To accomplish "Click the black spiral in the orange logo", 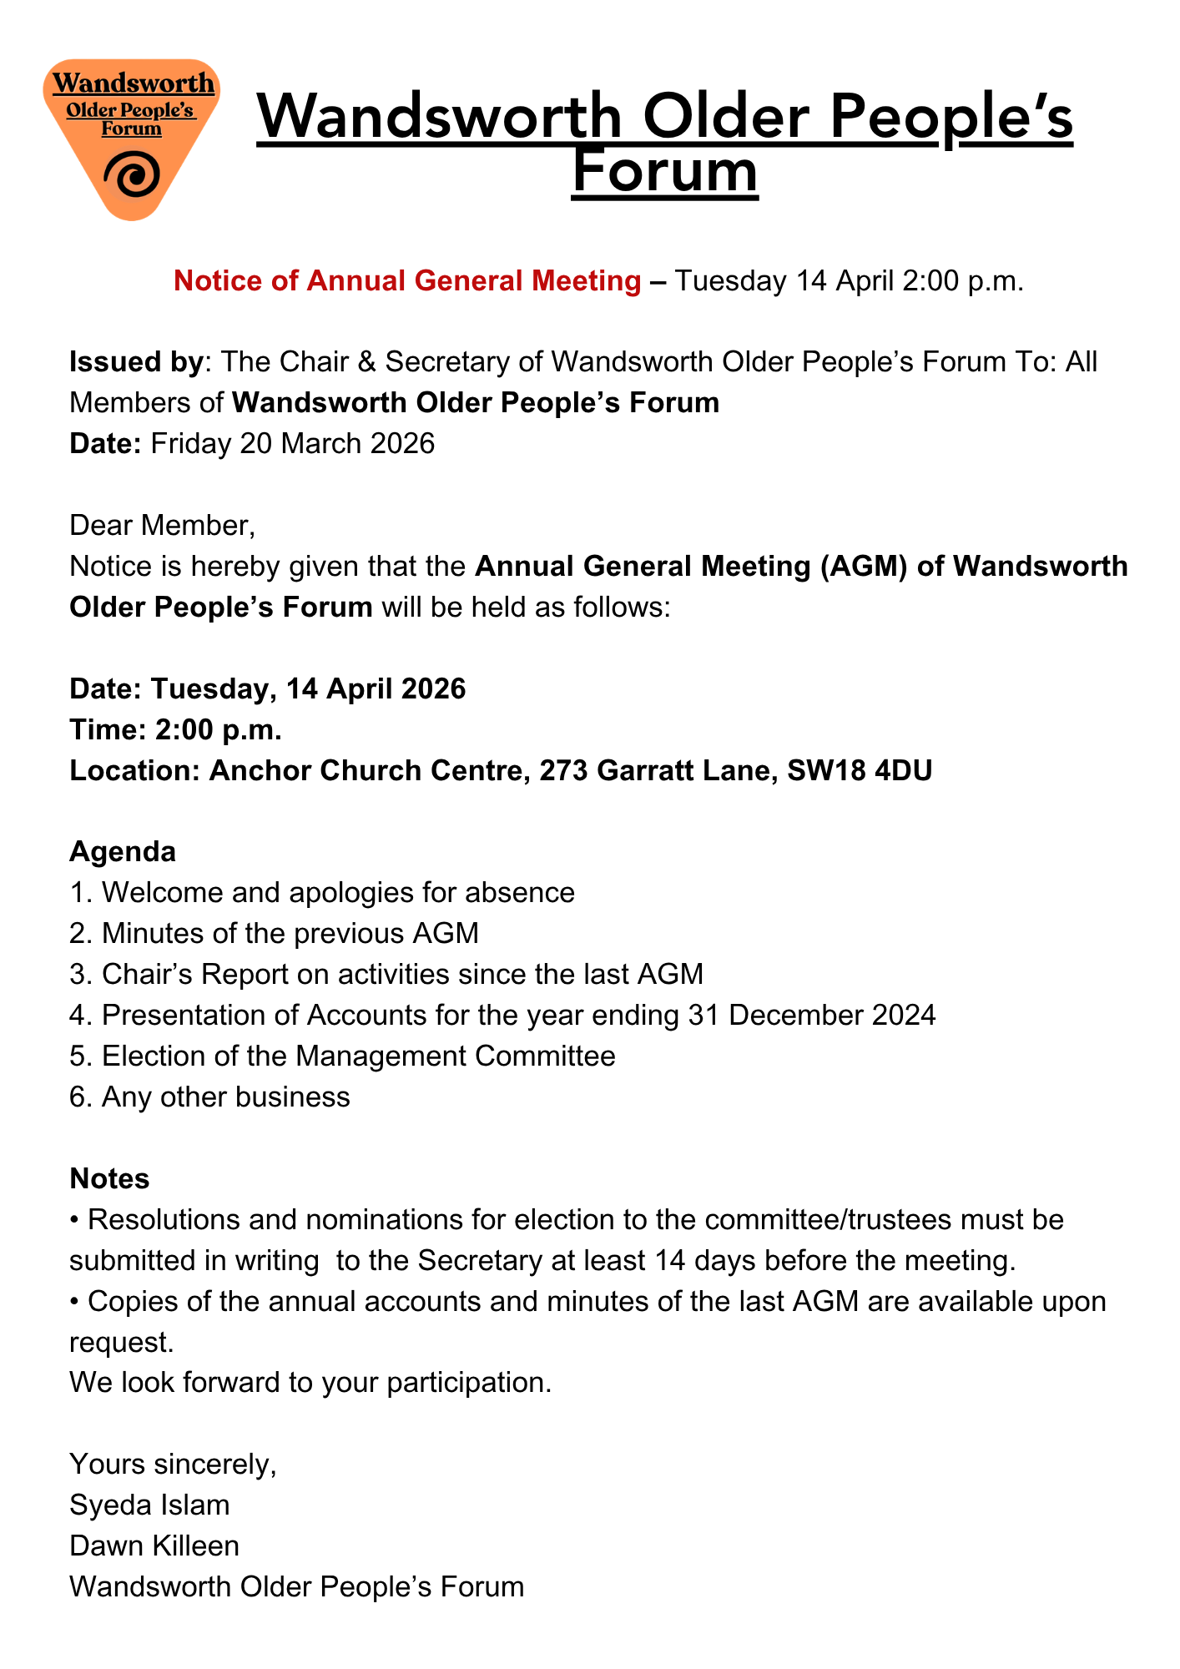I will point(132,176).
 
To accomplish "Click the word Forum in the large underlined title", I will point(665,171).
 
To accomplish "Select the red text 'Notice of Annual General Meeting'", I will point(406,281).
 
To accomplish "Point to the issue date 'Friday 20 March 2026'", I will point(293,443).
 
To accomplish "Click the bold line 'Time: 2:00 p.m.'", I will point(175,729).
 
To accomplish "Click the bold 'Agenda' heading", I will point(123,851).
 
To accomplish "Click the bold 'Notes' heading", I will point(109,1178).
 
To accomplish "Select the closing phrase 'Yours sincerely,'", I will point(173,1464).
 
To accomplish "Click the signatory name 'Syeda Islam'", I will point(149,1505).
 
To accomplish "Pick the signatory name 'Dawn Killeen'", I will point(154,1545).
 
